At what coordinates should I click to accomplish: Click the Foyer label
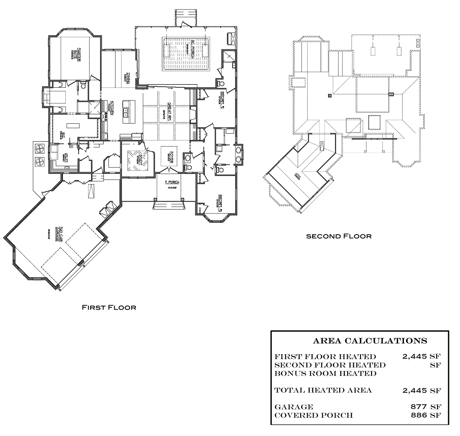[x=171, y=157]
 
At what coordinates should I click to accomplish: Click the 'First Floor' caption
[x=109, y=308]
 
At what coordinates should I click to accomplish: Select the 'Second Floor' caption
[x=339, y=236]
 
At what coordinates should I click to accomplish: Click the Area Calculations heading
[x=370, y=341]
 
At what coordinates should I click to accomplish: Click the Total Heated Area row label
[x=323, y=390]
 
